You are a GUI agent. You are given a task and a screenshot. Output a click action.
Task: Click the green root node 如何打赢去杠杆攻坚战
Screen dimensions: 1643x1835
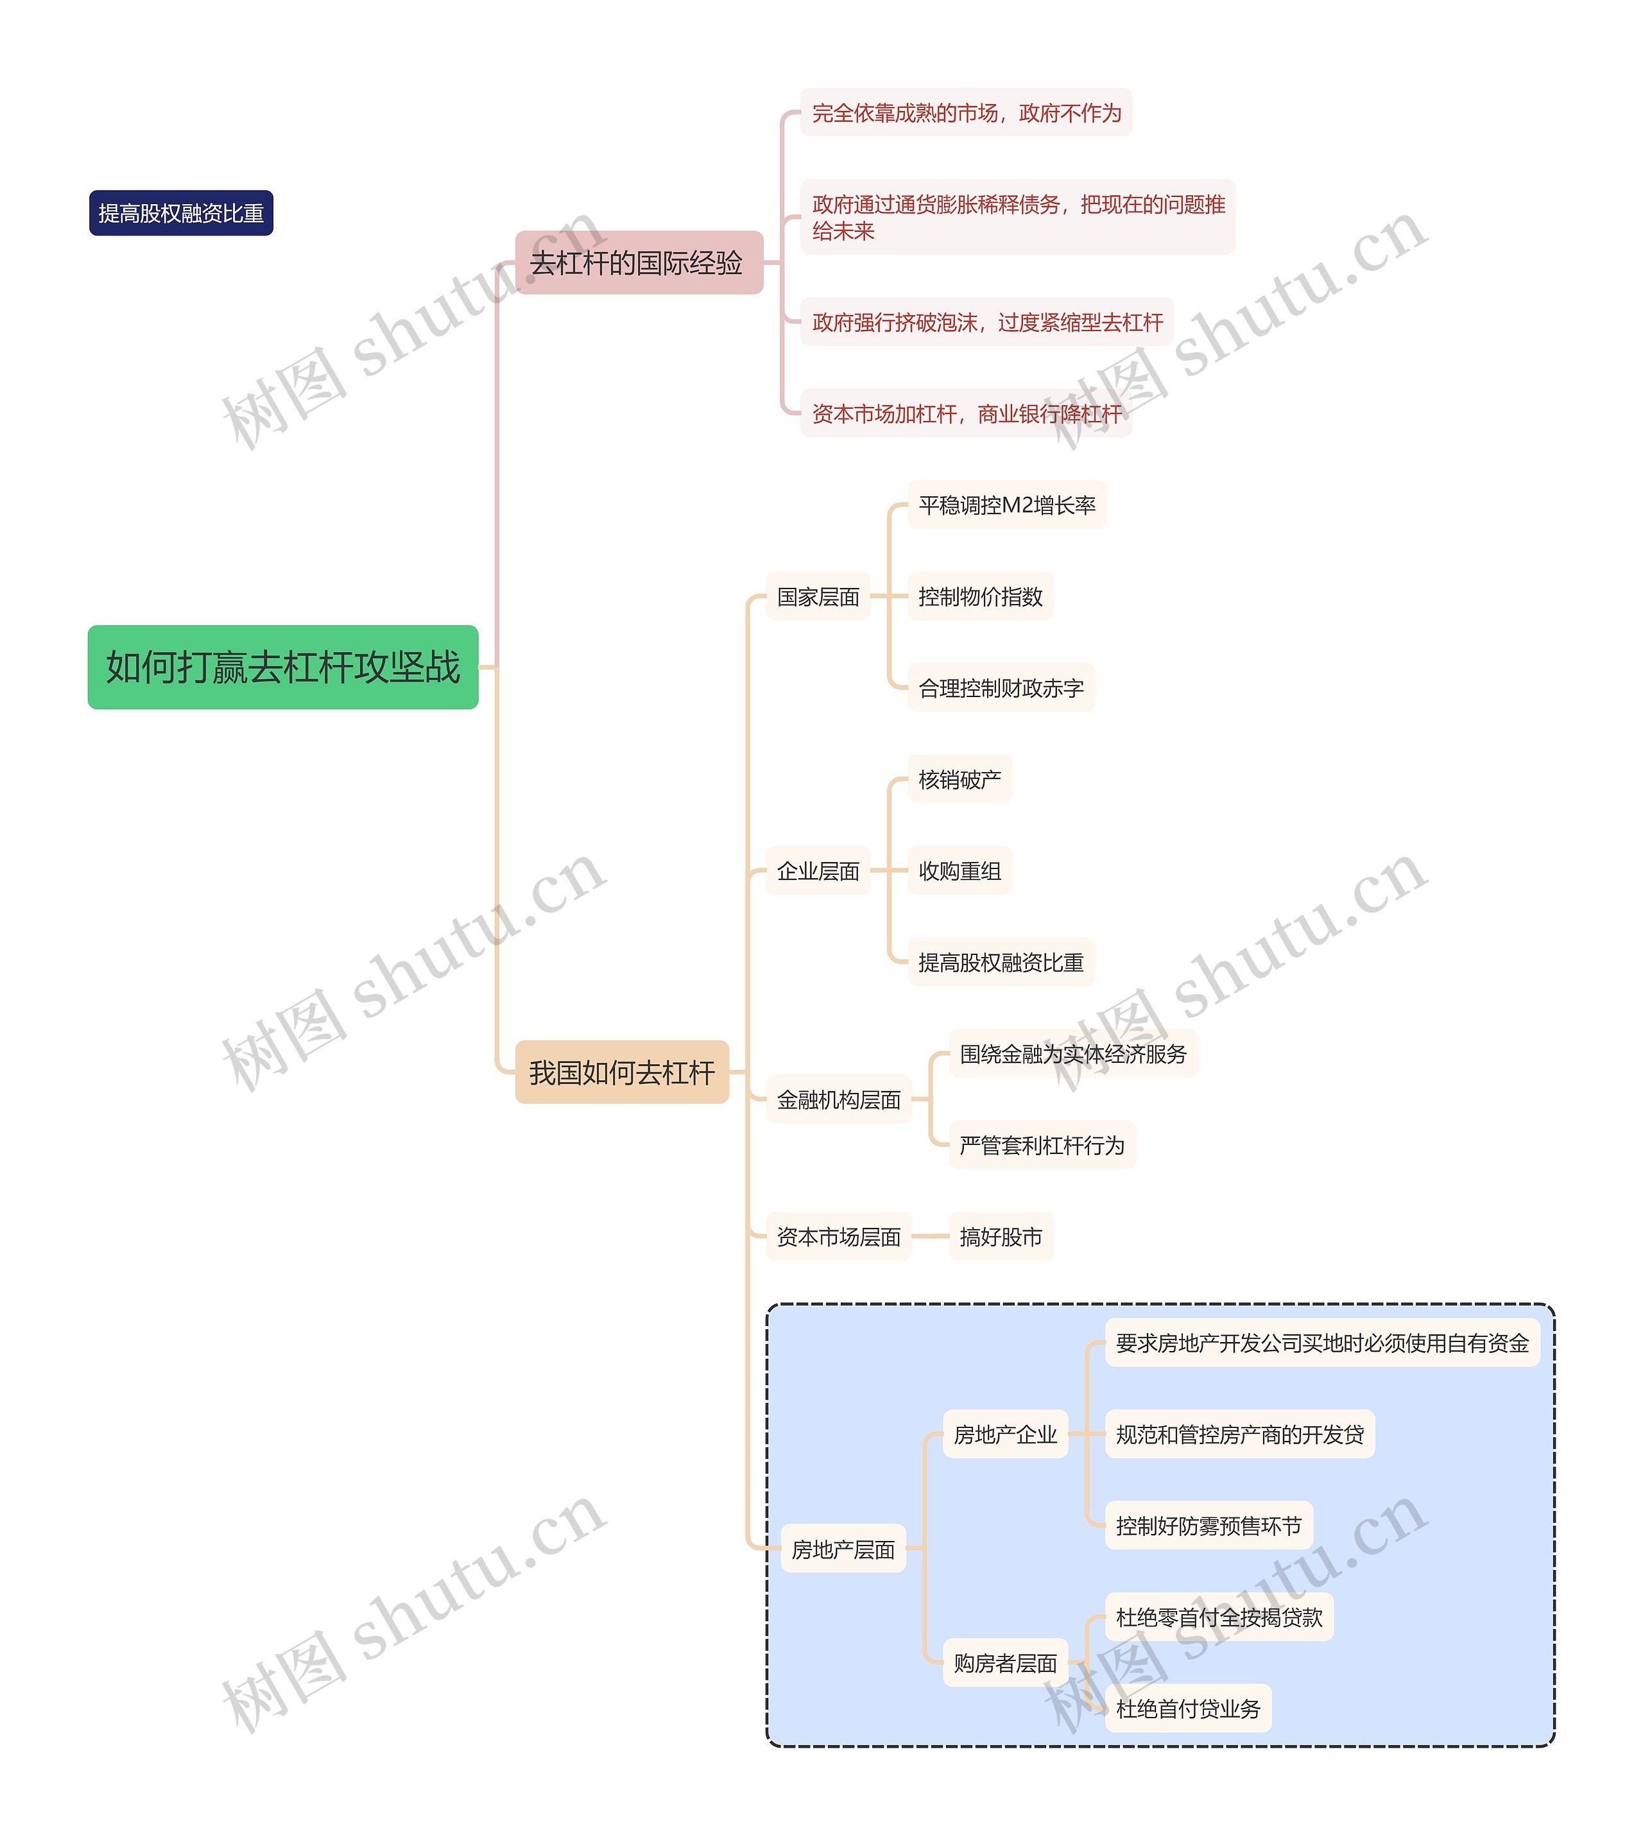(282, 667)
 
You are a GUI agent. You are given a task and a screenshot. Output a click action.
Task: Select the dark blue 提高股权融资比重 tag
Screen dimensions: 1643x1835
(180, 213)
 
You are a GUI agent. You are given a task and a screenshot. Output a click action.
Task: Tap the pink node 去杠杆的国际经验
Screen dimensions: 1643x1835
(638, 263)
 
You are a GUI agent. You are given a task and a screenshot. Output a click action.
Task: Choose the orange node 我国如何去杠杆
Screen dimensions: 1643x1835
(621, 1073)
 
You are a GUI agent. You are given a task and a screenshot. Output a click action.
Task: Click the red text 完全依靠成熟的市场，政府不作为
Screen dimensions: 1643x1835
(966, 113)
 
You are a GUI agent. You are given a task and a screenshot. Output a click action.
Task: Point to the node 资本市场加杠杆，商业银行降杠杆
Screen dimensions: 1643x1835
(966, 414)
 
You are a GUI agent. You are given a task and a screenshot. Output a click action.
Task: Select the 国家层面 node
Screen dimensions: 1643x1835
(818, 597)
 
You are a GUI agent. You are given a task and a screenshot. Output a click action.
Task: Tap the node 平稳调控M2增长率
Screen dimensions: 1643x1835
(1006, 506)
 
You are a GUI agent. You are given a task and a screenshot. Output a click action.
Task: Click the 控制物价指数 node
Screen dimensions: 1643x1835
(981, 597)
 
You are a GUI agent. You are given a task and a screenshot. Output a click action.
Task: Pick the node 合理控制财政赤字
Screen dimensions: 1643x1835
(1001, 689)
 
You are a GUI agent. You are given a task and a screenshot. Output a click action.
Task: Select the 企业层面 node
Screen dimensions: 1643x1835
(818, 871)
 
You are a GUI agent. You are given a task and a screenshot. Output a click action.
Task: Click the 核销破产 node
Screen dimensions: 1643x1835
(959, 780)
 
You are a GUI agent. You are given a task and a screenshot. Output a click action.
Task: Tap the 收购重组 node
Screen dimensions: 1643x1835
(959, 871)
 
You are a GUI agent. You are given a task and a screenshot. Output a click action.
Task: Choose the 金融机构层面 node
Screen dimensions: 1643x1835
(839, 1099)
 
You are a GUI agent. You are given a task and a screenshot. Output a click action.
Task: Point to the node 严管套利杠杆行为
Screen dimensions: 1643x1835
(1042, 1146)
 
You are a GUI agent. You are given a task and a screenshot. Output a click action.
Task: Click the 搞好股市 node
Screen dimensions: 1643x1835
(1001, 1237)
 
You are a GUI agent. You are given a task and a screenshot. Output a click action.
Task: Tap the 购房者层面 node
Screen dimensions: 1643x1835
(1005, 1664)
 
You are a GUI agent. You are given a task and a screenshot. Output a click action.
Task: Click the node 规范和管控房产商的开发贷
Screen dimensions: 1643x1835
(1239, 1434)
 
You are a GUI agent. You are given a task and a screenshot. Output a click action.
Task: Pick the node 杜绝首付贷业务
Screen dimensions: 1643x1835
(1188, 1709)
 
